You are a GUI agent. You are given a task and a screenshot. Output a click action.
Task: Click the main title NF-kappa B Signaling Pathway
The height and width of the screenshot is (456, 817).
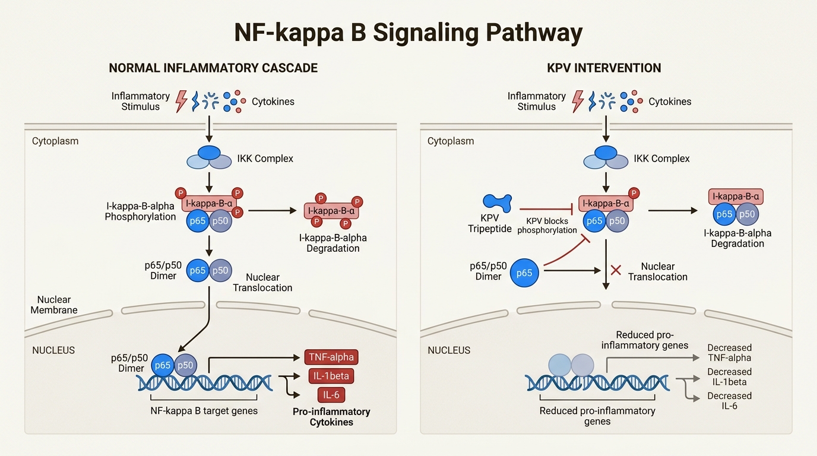pyautogui.click(x=408, y=33)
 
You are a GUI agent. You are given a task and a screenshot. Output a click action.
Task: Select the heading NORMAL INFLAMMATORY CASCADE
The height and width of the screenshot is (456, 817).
pyautogui.click(x=213, y=68)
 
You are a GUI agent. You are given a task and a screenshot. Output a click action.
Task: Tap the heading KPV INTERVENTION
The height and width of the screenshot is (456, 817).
pyautogui.click(x=604, y=68)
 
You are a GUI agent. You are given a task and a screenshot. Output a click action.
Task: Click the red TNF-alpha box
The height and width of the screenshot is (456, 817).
pyautogui.click(x=331, y=357)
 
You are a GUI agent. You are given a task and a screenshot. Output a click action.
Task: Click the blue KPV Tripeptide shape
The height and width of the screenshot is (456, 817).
pyautogui.click(x=497, y=203)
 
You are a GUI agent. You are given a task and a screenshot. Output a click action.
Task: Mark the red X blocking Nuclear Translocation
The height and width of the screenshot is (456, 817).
pyautogui.click(x=616, y=271)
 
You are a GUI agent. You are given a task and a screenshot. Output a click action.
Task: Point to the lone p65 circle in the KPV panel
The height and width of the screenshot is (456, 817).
pyautogui.click(x=524, y=273)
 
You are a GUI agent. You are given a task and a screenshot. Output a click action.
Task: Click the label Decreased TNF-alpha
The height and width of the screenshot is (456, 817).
pyautogui.click(x=729, y=353)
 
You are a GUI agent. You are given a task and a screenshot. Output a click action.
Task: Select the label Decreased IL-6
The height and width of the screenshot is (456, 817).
pyautogui.click(x=729, y=401)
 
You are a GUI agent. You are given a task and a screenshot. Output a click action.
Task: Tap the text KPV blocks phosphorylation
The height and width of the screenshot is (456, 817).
pyautogui.click(x=547, y=226)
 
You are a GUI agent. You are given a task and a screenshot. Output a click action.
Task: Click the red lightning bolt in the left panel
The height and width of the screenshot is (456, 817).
pyautogui.click(x=181, y=102)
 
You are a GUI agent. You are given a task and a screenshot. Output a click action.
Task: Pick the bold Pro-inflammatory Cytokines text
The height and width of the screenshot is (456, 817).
pyautogui.click(x=331, y=417)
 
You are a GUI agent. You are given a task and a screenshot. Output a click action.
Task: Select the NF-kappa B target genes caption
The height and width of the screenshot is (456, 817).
pyautogui.click(x=205, y=410)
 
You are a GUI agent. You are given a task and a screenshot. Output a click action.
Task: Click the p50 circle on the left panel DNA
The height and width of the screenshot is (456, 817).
pyautogui.click(x=185, y=366)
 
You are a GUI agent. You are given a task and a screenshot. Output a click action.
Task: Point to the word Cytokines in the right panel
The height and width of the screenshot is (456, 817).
pyautogui.click(x=670, y=102)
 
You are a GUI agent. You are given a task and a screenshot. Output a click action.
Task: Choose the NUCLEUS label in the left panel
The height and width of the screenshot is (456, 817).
pyautogui.click(x=53, y=350)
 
